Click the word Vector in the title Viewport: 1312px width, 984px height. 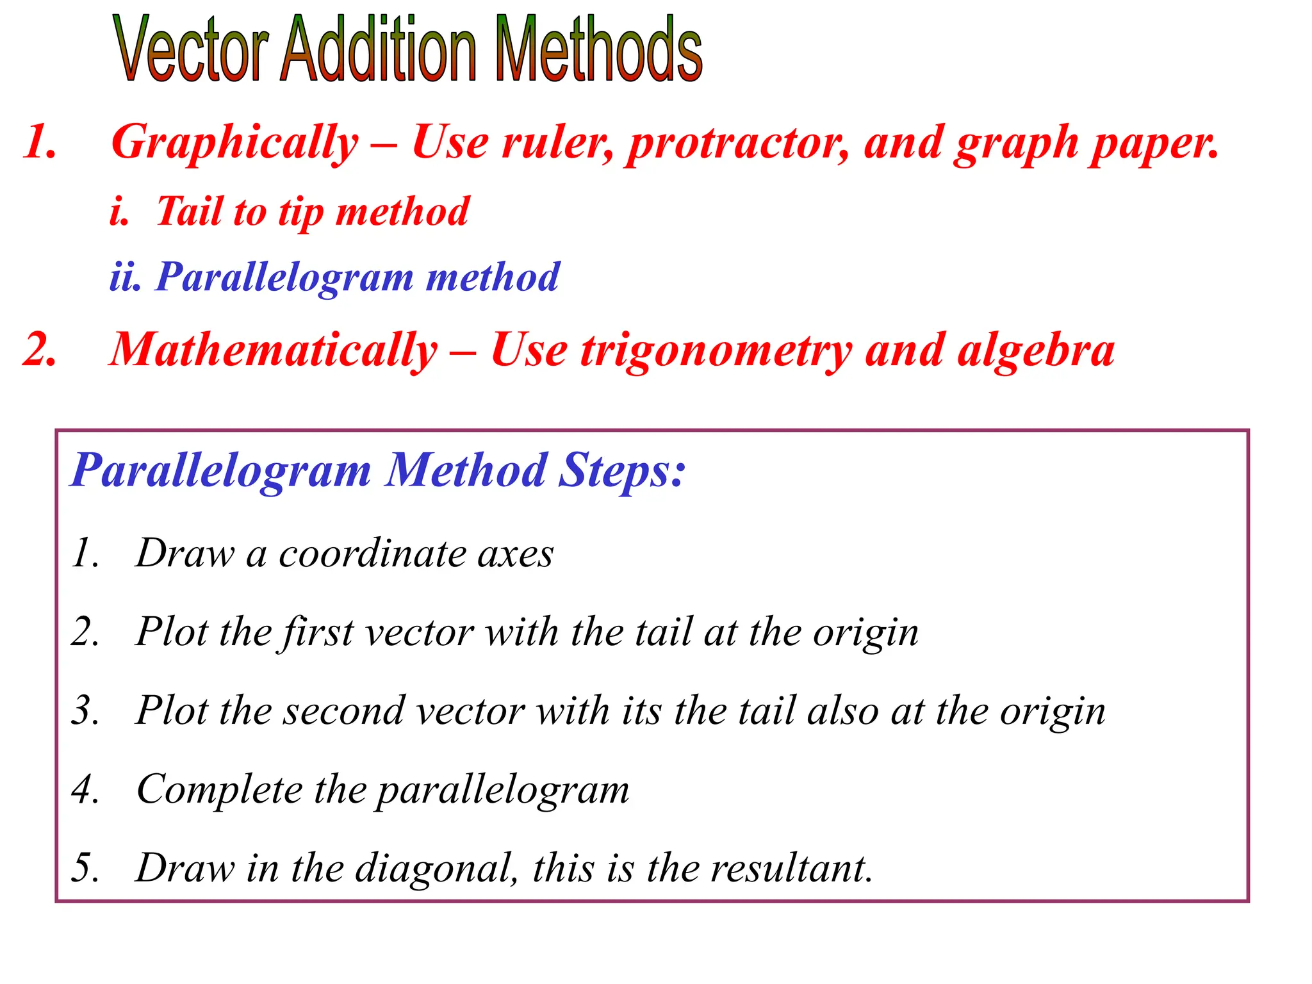(190, 50)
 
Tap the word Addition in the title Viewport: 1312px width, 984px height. (378, 50)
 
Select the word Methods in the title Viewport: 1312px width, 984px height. (598, 50)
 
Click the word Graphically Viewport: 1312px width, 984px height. (234, 143)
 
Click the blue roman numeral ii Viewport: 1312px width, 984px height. (124, 277)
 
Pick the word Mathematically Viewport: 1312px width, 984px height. (274, 351)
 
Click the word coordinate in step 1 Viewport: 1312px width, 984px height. (372, 553)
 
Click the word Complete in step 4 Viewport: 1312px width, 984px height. (219, 790)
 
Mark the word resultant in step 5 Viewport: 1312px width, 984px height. (792, 869)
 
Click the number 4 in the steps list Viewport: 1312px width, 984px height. (84, 790)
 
